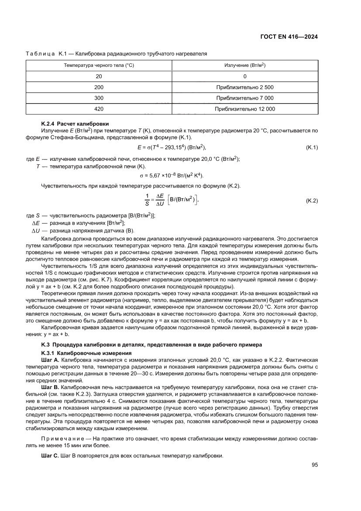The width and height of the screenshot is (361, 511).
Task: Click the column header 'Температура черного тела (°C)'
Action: point(99,65)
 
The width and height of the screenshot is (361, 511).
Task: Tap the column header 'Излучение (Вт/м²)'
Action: point(245,65)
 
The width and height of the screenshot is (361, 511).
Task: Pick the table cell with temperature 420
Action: point(99,109)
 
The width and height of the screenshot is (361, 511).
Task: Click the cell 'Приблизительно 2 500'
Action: point(245,87)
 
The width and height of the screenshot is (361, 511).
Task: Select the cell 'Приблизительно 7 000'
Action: point(245,98)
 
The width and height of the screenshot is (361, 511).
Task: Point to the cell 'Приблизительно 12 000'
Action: point(245,109)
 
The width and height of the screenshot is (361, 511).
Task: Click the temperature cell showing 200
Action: point(99,87)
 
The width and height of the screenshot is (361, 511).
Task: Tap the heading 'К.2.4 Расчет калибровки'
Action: point(75,124)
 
